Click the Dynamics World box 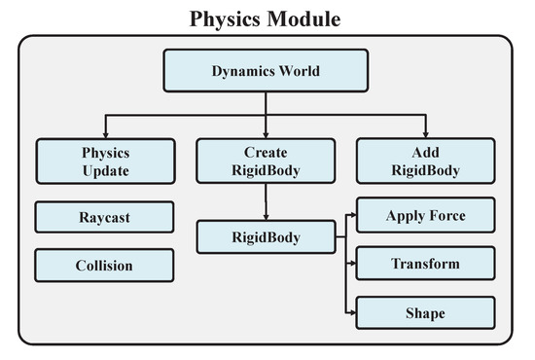pyautogui.click(x=266, y=71)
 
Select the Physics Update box pyautogui.click(x=106, y=162)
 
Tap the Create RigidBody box pyautogui.click(x=266, y=161)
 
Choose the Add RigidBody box pyautogui.click(x=426, y=161)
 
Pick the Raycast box pyautogui.click(x=104, y=217)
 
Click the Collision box pyautogui.click(x=104, y=266)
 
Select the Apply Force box pyautogui.click(x=426, y=215)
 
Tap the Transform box pyautogui.click(x=425, y=264)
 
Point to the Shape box pyautogui.click(x=425, y=313)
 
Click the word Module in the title pyautogui.click(x=303, y=18)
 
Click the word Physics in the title pyautogui.click(x=226, y=19)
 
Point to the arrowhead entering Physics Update pyautogui.click(x=105, y=134)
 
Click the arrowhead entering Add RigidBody pyautogui.click(x=425, y=134)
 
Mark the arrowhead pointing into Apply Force pyautogui.click(x=352, y=215)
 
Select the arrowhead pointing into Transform pyautogui.click(x=352, y=263)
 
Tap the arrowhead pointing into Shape pyautogui.click(x=352, y=312)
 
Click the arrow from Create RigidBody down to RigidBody pyautogui.click(x=266, y=202)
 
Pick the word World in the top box pyautogui.click(x=300, y=71)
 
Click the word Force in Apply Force pyautogui.click(x=447, y=216)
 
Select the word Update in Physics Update pyautogui.click(x=106, y=171)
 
